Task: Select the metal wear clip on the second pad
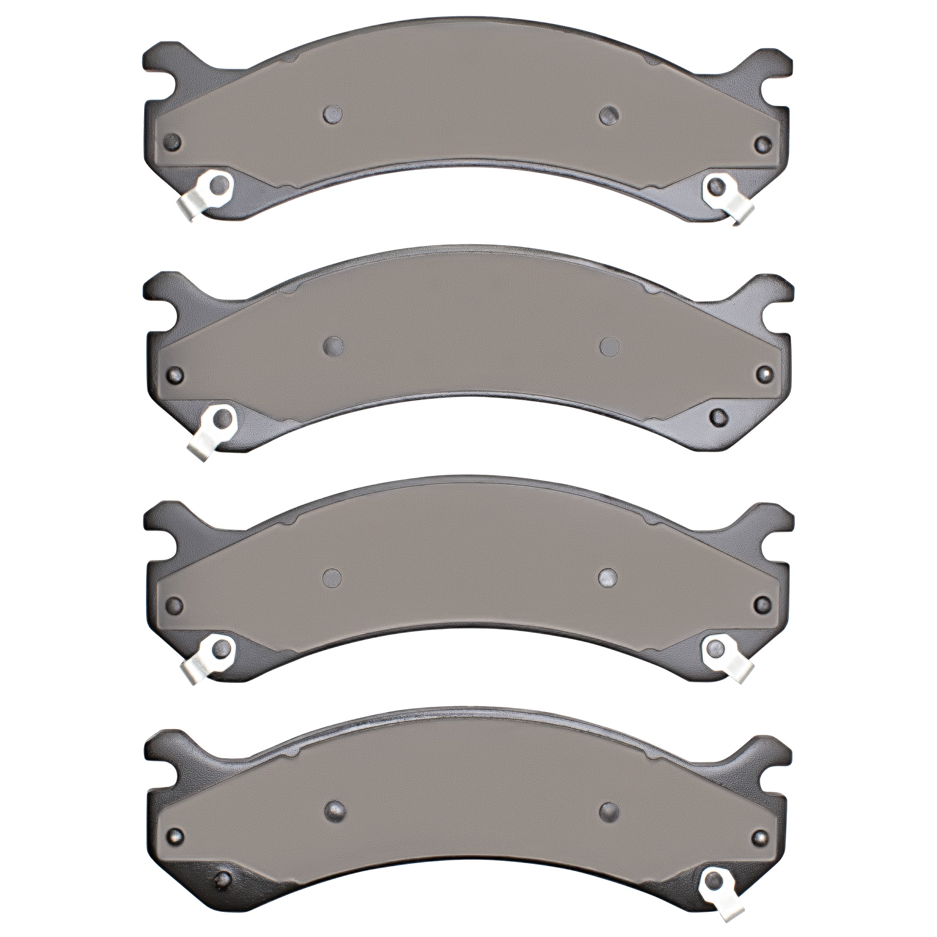[x=212, y=428]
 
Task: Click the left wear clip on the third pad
[x=211, y=656]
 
